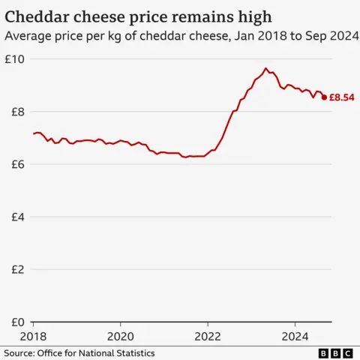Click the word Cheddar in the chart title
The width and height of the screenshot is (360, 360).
tap(36, 15)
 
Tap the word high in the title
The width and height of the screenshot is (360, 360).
tap(253, 15)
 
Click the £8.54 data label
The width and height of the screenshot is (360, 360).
tap(343, 97)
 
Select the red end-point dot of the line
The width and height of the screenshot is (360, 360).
tap(324, 97)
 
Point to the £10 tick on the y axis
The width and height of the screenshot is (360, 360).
tap(15, 59)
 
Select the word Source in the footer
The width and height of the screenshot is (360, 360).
tap(20, 352)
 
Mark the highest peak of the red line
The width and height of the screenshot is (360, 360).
tap(265, 68)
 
